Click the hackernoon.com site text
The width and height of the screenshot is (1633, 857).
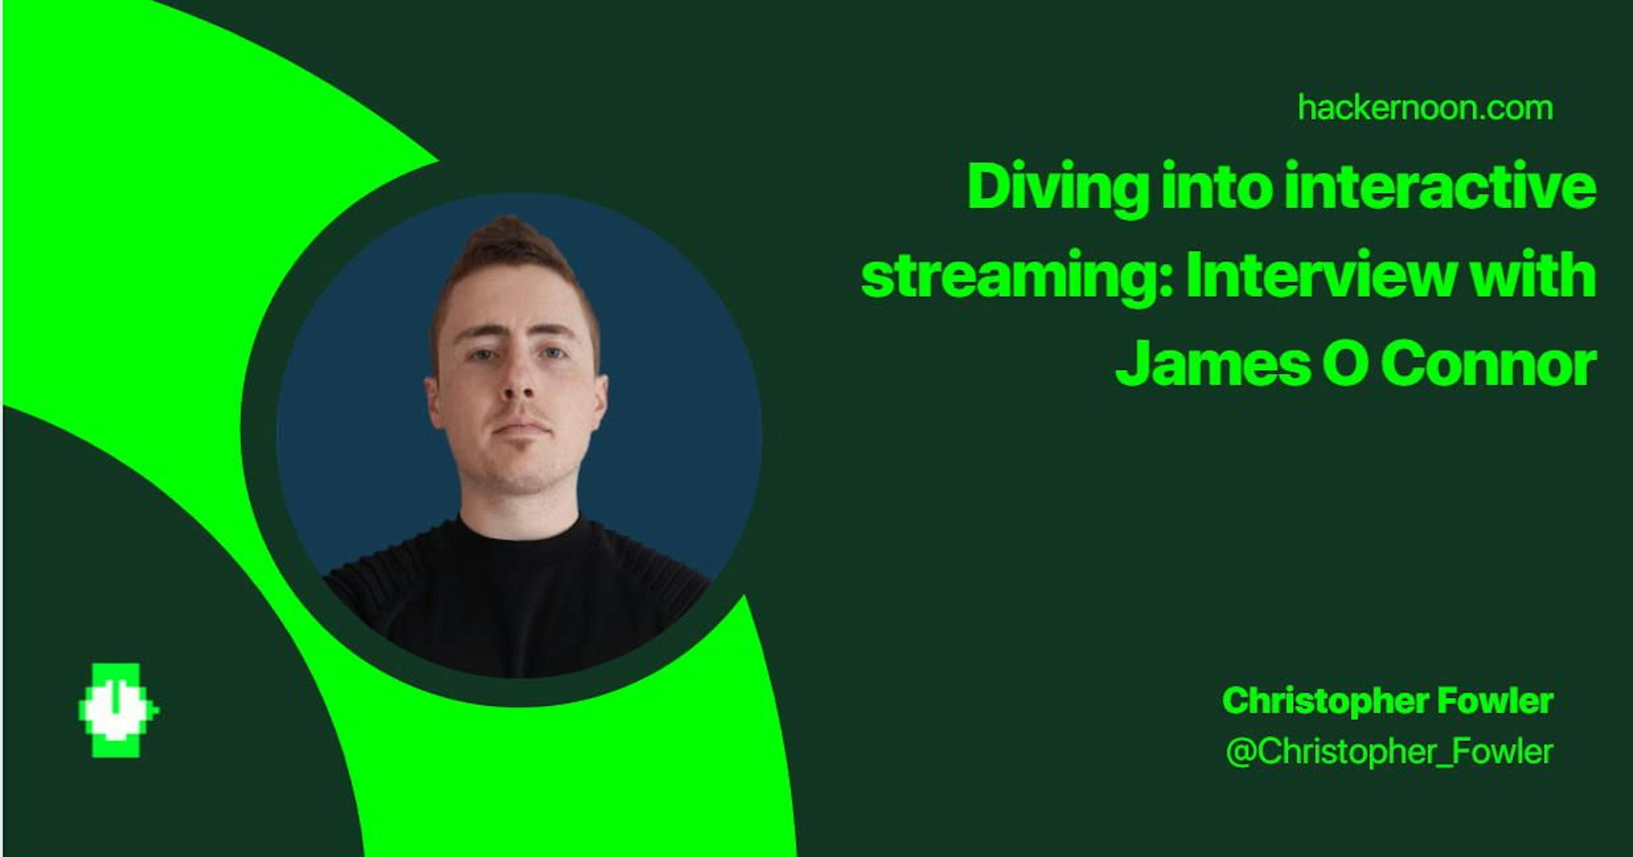point(1425,108)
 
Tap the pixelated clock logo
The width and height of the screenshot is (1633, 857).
point(117,711)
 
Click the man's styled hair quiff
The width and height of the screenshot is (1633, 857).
point(507,238)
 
